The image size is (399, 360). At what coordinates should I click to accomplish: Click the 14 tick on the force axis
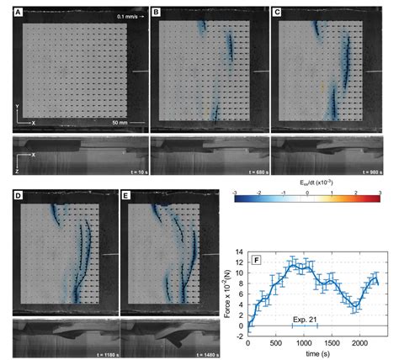click(x=238, y=251)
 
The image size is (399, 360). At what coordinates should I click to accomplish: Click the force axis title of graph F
click(x=227, y=290)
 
